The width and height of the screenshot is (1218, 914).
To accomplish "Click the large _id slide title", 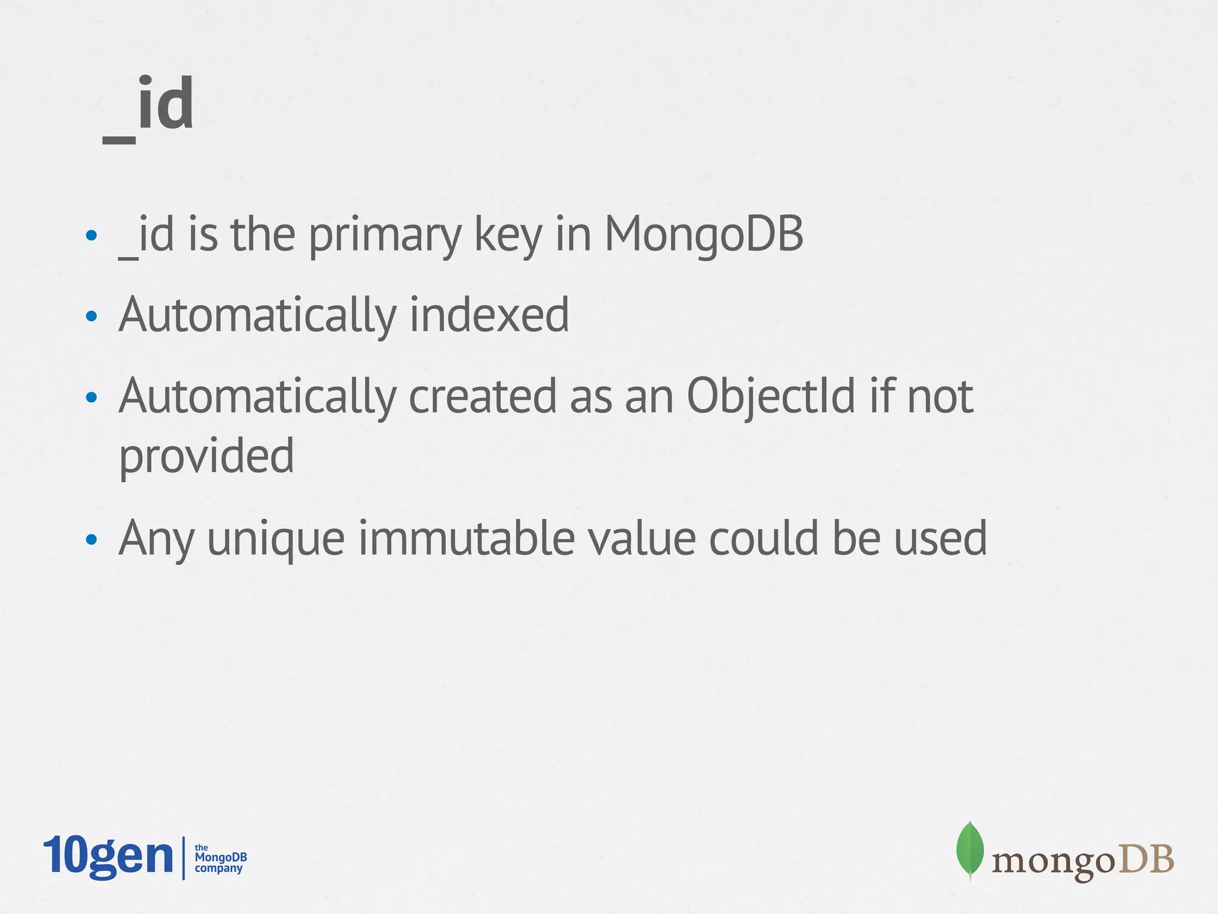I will pos(149,107).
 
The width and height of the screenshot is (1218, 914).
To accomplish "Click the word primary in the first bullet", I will pos(384,236).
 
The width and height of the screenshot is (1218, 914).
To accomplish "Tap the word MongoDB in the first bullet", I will pos(704,234).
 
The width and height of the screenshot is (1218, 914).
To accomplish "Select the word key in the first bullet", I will pos(507,236).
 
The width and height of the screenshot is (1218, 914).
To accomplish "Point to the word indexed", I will pos(489,315).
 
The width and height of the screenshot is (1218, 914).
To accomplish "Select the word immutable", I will pos(466,538).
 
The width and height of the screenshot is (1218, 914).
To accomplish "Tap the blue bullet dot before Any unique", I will pos(91,540).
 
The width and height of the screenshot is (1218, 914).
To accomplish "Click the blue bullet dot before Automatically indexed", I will pos(91,317).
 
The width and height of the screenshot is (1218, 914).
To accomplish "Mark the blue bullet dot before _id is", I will pos(91,236).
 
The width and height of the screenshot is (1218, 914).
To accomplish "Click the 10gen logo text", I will pos(108,856).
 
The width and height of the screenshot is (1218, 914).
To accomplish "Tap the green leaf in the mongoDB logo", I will pos(969,849).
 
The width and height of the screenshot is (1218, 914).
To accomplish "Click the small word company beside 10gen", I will pos(219,869).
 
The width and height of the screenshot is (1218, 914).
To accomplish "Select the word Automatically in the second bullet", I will pos(257,315).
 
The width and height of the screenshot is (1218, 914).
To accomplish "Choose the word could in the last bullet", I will pos(763,538).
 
